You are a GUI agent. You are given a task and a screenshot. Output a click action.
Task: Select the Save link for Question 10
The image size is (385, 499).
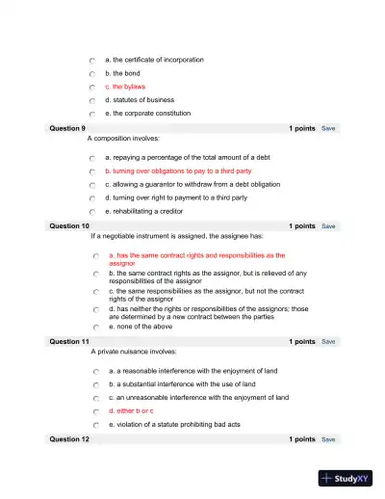pos(328,226)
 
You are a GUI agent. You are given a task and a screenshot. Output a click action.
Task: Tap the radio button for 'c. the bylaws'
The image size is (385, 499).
pos(90,87)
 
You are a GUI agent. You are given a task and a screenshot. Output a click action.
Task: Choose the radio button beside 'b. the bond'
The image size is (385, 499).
pos(90,73)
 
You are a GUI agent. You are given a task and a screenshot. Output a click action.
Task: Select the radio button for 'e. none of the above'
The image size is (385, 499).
pos(95,328)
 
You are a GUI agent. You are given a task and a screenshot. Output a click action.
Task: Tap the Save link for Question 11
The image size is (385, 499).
pos(328,342)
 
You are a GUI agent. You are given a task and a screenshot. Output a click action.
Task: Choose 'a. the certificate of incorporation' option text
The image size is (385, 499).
pos(154,60)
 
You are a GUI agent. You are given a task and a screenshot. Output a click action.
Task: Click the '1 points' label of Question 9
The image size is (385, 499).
pos(301,128)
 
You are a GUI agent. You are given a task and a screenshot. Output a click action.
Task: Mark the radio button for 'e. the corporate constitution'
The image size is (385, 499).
pos(90,114)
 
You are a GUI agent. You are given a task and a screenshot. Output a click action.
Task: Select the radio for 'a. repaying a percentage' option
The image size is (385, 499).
pos(90,157)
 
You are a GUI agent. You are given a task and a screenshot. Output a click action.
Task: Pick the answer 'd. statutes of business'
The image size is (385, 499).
pos(140,100)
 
